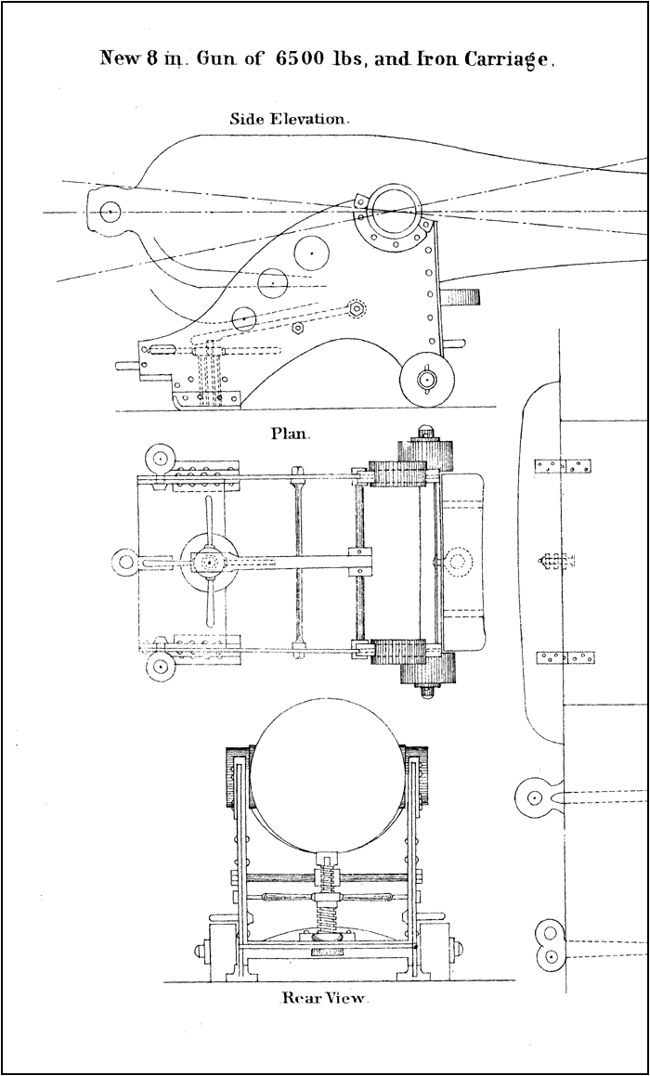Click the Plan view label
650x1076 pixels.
pyautogui.click(x=291, y=433)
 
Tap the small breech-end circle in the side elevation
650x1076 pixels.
pyautogui.click(x=110, y=212)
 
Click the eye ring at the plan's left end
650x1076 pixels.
pyautogui.click(x=125, y=560)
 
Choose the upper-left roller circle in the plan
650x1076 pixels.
pyautogui.click(x=161, y=458)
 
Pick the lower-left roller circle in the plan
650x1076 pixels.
pyautogui.click(x=161, y=666)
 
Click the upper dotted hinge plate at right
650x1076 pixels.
pyautogui.click(x=565, y=464)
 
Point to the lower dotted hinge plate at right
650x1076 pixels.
pyautogui.click(x=565, y=658)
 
